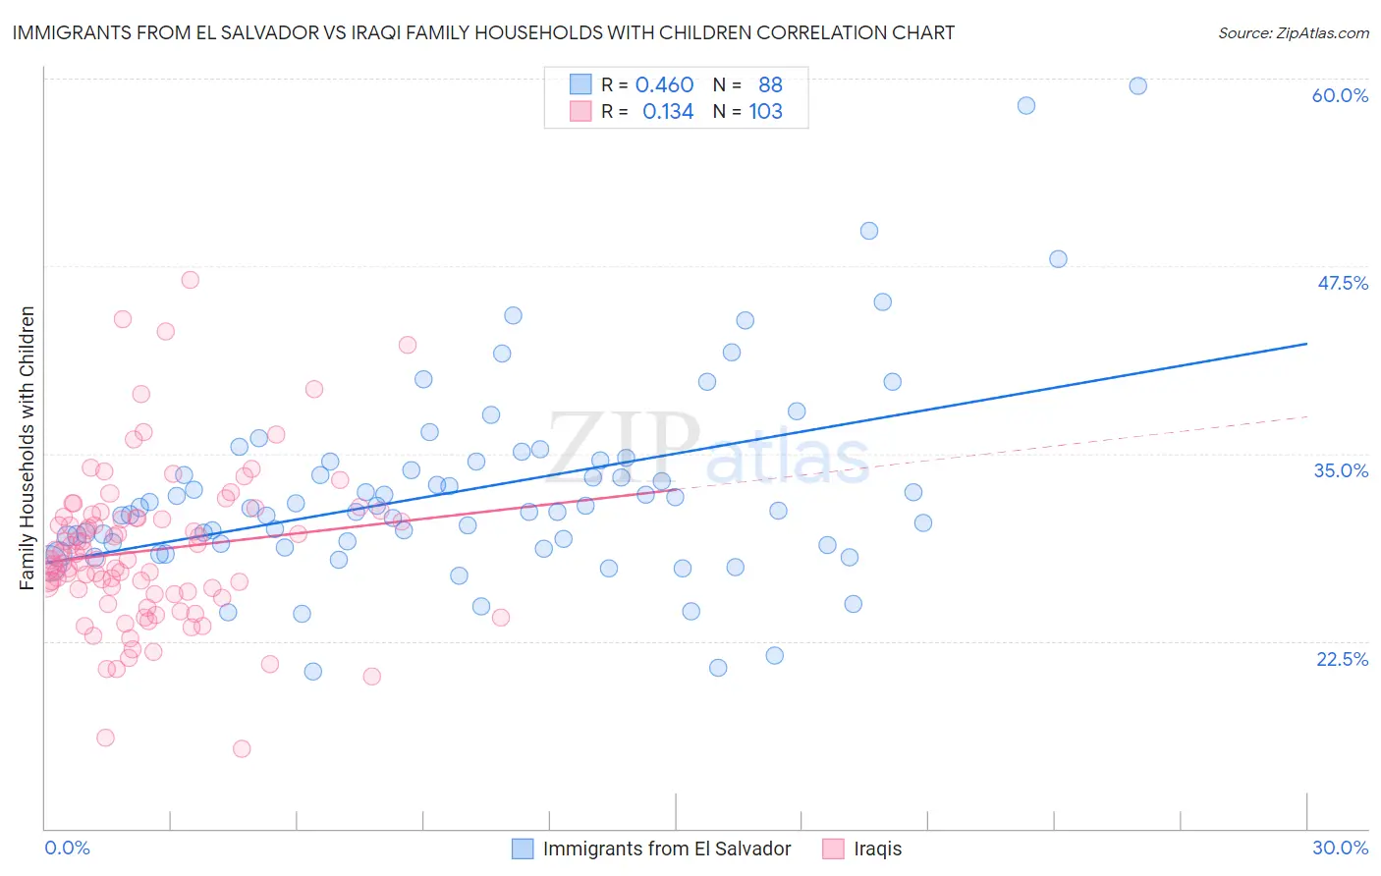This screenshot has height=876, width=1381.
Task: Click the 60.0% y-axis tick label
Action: (x=1340, y=95)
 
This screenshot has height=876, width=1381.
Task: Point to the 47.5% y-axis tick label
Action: (x=1342, y=283)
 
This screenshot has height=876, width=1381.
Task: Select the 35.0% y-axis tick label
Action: (x=1341, y=470)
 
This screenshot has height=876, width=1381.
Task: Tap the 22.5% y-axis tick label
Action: (x=1342, y=659)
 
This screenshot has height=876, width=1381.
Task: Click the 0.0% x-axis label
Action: (x=67, y=848)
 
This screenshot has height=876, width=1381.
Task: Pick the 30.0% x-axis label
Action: (x=1340, y=848)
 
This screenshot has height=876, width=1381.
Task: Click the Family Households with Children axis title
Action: (x=28, y=448)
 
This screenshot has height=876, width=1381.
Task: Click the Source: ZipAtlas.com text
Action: (x=1293, y=32)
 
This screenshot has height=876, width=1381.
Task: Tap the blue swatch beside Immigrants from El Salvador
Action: (x=523, y=849)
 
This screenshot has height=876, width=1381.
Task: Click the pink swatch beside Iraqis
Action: (x=833, y=849)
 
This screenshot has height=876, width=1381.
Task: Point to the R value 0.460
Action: (x=664, y=85)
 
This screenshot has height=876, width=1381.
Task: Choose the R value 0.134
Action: (x=668, y=112)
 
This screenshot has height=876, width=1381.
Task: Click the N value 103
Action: (x=765, y=112)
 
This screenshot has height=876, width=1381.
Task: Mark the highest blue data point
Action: (x=1137, y=85)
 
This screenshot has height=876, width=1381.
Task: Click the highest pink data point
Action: (x=191, y=280)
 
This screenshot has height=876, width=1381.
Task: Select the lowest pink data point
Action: (x=242, y=748)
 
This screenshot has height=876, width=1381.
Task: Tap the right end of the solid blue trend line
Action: (x=1306, y=344)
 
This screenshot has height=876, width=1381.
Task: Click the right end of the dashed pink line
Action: (x=1306, y=417)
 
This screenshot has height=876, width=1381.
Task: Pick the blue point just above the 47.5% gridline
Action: (x=1058, y=259)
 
